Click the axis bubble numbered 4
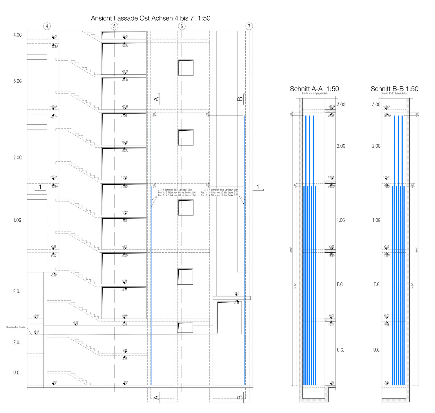[47, 26]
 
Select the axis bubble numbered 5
[114, 26]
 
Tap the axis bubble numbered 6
[182, 26]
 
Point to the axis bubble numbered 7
[249, 26]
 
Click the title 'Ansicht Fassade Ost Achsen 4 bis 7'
[151, 18]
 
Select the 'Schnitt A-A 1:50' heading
[314, 89]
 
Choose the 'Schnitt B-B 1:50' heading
[394, 89]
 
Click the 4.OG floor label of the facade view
[17, 35]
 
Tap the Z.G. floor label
[17, 343]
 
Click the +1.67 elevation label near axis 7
[237, 293]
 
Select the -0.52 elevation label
[75, 322]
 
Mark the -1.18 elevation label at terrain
[36, 331]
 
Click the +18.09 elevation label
[125, 71]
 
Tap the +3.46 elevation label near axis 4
[54, 275]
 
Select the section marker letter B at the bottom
[240, 397]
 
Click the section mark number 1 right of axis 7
[258, 187]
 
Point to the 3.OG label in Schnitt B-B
[376, 105]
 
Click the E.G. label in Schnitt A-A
[340, 285]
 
